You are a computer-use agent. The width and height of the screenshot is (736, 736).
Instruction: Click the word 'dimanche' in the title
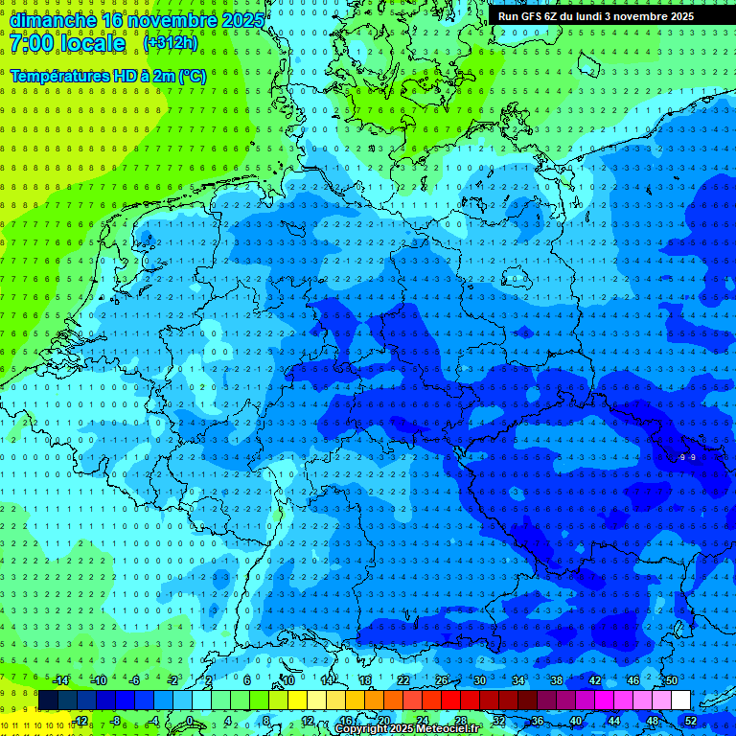[x=53, y=20]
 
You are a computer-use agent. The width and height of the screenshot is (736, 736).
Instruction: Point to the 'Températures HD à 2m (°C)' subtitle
[x=108, y=76]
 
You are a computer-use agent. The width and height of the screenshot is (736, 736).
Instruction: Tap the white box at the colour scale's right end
[x=680, y=700]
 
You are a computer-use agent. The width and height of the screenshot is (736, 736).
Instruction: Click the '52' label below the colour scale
[x=691, y=720]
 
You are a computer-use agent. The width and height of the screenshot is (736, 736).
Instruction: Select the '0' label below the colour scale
[x=190, y=720]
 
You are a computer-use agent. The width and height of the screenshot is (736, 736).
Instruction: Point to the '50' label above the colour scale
[x=671, y=680]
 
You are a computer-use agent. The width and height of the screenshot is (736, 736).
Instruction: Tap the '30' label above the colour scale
[x=479, y=680]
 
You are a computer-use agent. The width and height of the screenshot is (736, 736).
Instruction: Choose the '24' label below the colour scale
[x=422, y=720]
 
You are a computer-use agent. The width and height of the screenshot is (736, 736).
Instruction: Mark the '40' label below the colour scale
[x=575, y=720]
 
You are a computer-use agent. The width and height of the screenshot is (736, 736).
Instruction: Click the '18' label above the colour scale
[x=364, y=680]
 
